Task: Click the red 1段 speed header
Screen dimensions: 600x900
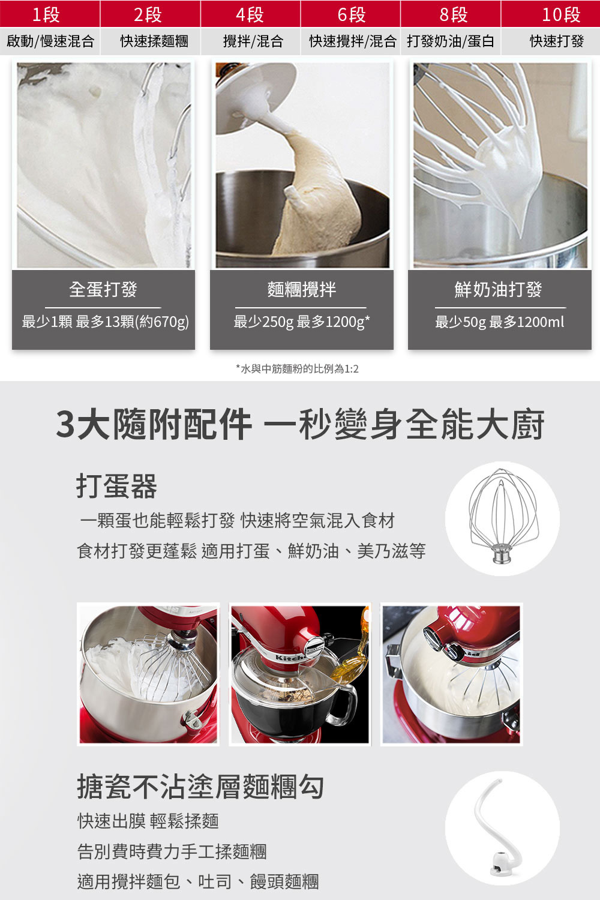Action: [46, 14]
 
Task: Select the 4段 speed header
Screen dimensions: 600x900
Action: [250, 14]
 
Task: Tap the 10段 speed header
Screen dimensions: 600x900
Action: [561, 14]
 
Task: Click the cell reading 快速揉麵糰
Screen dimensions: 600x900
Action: [154, 41]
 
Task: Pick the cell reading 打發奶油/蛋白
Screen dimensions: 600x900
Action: [451, 41]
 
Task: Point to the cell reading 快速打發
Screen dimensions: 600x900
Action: [557, 41]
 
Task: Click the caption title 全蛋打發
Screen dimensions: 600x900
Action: [103, 289]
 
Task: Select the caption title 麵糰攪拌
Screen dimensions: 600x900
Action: [301, 289]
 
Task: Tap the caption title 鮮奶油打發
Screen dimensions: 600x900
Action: [499, 289]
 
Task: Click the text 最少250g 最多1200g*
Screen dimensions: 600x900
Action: [301, 322]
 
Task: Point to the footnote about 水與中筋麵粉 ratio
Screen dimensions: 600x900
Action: [298, 368]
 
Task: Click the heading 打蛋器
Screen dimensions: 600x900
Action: [116, 486]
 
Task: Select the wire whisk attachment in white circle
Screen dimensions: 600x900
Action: [502, 517]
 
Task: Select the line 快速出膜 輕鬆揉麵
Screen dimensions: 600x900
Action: [148, 820]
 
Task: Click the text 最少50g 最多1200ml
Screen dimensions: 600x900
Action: [500, 322]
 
